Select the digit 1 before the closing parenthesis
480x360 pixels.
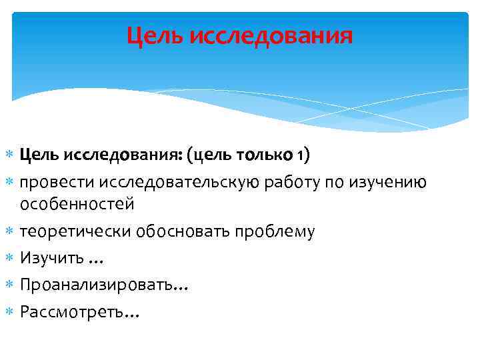pos(301,156)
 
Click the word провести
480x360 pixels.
pos(58,182)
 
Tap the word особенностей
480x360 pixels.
pos(77,203)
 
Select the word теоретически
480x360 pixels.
pos(75,231)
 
